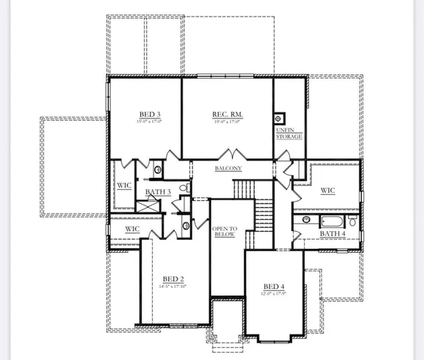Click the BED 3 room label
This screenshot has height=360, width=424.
(150, 114)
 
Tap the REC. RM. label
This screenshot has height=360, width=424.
(228, 114)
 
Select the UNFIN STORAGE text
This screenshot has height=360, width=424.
(289, 133)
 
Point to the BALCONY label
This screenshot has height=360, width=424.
(228, 169)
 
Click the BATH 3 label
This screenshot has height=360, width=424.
(158, 192)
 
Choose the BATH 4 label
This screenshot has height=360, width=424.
(333, 233)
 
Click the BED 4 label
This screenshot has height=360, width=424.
(274, 286)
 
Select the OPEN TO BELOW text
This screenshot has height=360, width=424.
(224, 231)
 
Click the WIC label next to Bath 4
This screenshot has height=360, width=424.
(327, 190)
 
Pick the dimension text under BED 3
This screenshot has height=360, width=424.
(150, 121)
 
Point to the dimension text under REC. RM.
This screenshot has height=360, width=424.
(228, 121)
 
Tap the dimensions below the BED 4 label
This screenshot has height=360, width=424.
(274, 294)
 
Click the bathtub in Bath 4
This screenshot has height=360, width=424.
(333, 221)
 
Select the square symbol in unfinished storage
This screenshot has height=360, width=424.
(280, 118)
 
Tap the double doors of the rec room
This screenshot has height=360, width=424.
(228, 155)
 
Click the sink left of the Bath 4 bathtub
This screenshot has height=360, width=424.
(306, 220)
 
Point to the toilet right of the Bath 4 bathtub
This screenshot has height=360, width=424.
(353, 221)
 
